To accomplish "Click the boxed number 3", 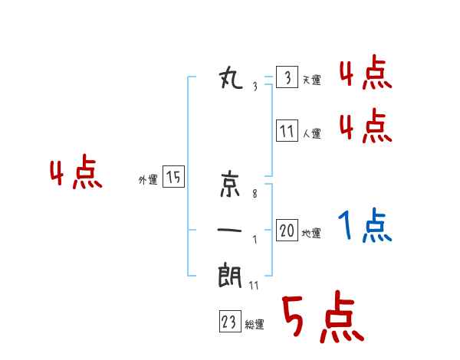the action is [x=287, y=78].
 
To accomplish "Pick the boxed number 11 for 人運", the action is [x=287, y=132].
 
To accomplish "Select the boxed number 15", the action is [x=173, y=178].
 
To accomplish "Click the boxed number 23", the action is [x=229, y=322].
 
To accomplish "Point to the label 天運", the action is [x=311, y=80].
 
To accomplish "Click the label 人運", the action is [x=311, y=133].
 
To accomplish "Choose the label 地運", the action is [x=311, y=233].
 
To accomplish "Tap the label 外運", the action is [x=148, y=179].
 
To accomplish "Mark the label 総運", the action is [x=255, y=325].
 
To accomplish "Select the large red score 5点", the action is [x=322, y=317].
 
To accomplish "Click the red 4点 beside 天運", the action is [x=365, y=74].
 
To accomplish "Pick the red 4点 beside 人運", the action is [x=365, y=126].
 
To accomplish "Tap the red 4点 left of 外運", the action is [x=75, y=174].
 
